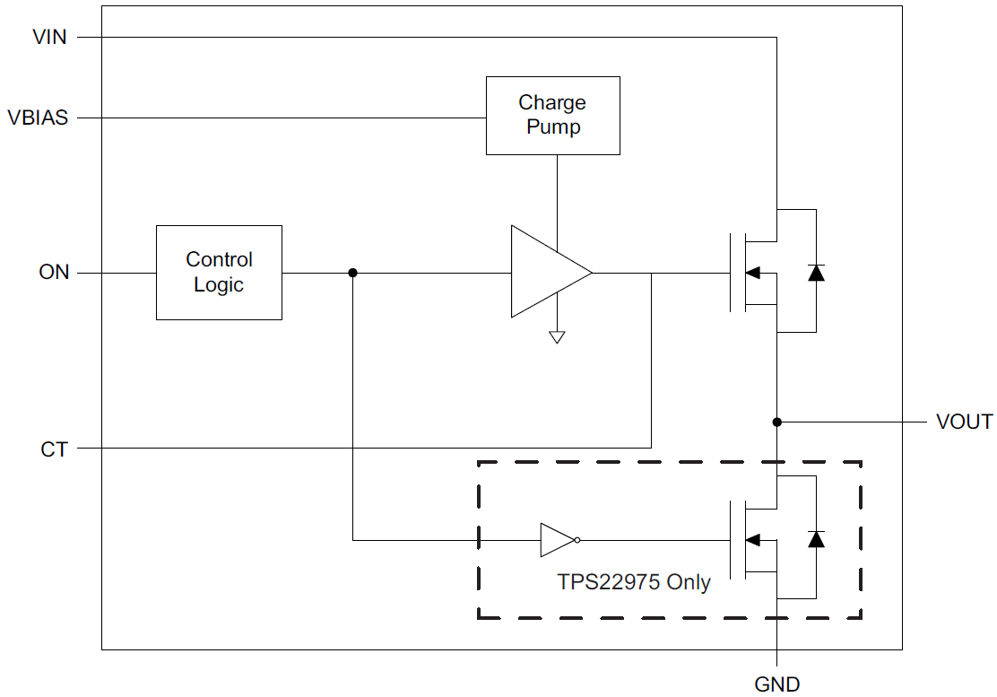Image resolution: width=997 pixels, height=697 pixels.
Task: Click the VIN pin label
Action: click(x=49, y=37)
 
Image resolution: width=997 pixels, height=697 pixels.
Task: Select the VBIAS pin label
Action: click(x=38, y=118)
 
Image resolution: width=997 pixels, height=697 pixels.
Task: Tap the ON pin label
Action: click(x=54, y=272)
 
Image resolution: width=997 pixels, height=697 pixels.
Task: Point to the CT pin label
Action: click(x=54, y=449)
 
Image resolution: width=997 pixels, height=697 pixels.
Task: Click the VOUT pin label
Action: click(x=964, y=422)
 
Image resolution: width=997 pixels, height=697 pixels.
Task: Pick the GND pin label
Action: click(x=776, y=684)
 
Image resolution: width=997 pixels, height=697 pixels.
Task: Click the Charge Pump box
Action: click(x=552, y=115)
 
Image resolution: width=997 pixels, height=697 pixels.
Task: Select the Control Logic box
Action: click(x=219, y=272)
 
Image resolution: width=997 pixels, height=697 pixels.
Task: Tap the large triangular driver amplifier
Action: click(x=547, y=272)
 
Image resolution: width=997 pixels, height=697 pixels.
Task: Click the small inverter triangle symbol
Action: click(x=556, y=540)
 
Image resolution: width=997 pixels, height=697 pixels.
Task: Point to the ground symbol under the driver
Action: click(x=557, y=338)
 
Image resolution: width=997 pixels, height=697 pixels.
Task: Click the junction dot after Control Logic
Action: click(x=352, y=272)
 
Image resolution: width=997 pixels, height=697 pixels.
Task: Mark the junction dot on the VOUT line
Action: click(x=777, y=422)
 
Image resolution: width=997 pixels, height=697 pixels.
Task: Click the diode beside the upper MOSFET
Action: click(x=816, y=272)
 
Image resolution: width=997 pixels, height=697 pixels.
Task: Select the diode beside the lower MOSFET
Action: click(x=816, y=539)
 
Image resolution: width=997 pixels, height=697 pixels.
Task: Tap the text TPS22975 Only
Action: click(x=634, y=581)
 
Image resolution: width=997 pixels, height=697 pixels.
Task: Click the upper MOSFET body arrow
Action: click(x=754, y=272)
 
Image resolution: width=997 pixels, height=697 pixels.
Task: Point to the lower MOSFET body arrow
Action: click(x=754, y=540)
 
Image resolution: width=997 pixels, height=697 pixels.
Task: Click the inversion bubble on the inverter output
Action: click(x=578, y=540)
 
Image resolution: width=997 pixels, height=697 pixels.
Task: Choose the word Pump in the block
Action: click(x=553, y=127)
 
